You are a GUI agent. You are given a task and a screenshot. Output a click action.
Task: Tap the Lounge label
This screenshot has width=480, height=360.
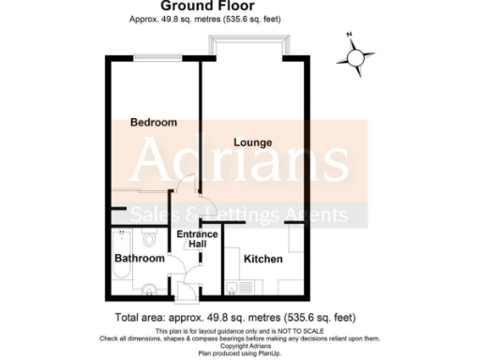click(x=253, y=142)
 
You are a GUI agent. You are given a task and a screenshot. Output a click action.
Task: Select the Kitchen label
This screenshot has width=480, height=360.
click(x=263, y=258)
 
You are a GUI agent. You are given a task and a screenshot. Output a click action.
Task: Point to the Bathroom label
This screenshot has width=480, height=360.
click(x=140, y=258)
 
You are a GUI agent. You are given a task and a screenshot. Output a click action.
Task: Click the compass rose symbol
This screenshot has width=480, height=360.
click(x=354, y=59)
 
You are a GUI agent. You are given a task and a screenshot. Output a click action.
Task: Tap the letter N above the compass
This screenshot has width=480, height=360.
click(x=348, y=37)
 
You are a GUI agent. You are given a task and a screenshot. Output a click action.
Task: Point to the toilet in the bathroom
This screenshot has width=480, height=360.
click(x=153, y=286)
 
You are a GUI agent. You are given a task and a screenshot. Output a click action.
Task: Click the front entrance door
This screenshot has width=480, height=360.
click(x=191, y=292)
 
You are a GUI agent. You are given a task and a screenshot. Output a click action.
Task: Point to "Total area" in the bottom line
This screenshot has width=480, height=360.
click(x=139, y=318)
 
